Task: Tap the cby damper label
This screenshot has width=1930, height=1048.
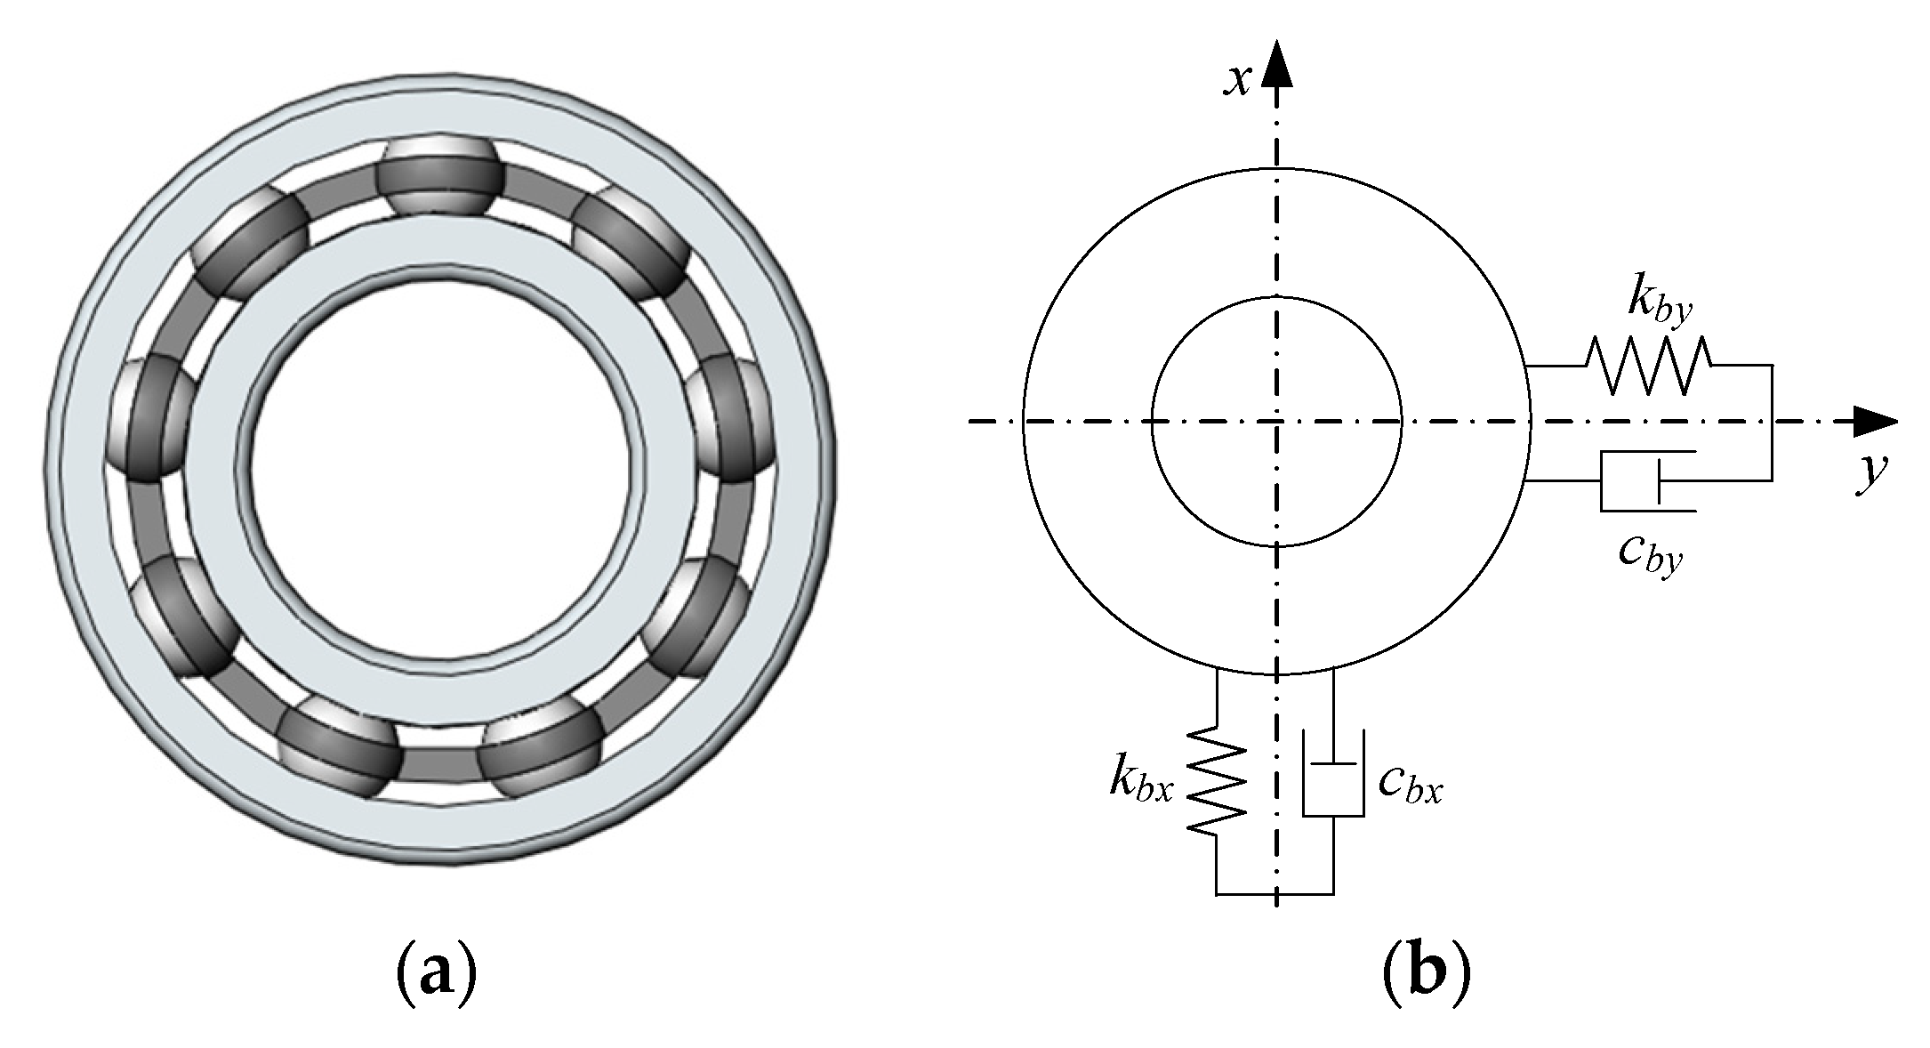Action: click(x=1651, y=553)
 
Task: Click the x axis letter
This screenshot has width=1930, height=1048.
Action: click(x=1238, y=80)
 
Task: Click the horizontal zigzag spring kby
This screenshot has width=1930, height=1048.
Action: click(x=1648, y=365)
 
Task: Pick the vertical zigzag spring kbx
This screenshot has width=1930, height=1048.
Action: click(x=1216, y=780)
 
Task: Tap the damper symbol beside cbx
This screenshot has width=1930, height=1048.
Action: click(x=1332, y=774)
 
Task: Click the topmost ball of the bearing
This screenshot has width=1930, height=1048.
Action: click(x=440, y=175)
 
